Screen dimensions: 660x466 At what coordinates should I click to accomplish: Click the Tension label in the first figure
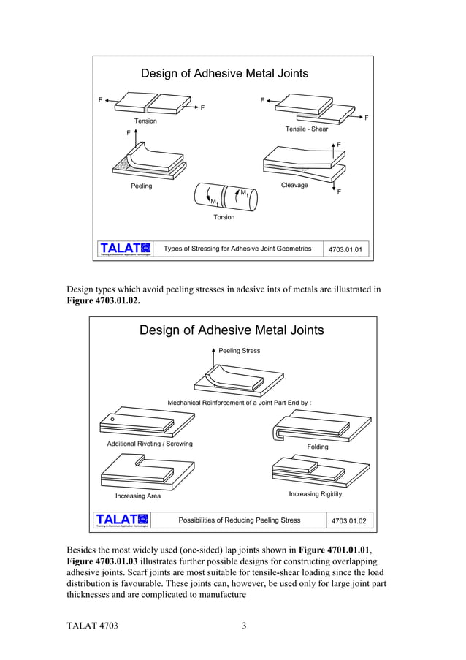pyautogui.click(x=145, y=121)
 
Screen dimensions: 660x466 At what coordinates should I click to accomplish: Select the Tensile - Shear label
pyautogui.click(x=306, y=129)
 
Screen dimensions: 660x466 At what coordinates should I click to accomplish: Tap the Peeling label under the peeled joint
pyautogui.click(x=141, y=186)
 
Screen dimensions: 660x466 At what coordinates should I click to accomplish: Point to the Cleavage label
pyautogui.click(x=294, y=186)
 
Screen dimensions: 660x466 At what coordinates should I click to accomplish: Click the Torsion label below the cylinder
pyautogui.click(x=224, y=217)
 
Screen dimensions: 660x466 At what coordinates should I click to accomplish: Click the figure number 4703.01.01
pyautogui.click(x=345, y=249)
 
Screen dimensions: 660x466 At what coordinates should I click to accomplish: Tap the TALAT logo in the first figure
pyautogui.click(x=125, y=249)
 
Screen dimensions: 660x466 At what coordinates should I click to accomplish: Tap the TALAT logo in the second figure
pyautogui.click(x=122, y=520)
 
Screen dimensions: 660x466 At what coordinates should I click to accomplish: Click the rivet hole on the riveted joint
pyautogui.click(x=113, y=420)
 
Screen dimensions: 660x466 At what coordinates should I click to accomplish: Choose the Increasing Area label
pyautogui.click(x=137, y=496)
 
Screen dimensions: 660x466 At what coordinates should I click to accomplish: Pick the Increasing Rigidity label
pyautogui.click(x=315, y=494)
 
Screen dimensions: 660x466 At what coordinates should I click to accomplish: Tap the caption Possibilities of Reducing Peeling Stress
pyautogui.click(x=239, y=520)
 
